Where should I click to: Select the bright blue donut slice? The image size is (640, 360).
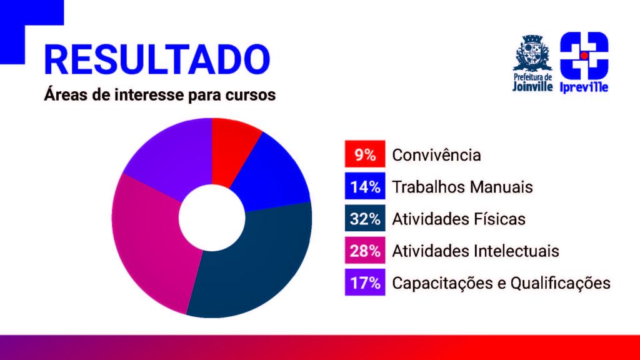(272, 176)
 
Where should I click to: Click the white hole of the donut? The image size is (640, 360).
(212, 218)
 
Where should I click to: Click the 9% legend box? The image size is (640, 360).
(365, 154)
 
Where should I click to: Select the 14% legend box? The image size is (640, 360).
(365, 186)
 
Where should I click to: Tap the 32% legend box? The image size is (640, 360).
(365, 218)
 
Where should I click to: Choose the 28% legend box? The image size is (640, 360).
(365, 250)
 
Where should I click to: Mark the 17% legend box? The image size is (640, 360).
(365, 282)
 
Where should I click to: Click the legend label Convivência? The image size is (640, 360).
(436, 155)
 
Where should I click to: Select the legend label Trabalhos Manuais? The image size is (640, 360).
(462, 187)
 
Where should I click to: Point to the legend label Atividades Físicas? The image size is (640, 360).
(459, 219)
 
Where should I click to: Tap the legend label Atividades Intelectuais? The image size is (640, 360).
(476, 251)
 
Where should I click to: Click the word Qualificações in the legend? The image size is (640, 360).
(561, 283)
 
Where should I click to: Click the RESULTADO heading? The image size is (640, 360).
(157, 59)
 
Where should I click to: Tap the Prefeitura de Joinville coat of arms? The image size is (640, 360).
(532, 52)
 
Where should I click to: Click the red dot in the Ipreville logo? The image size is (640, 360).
(584, 56)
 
